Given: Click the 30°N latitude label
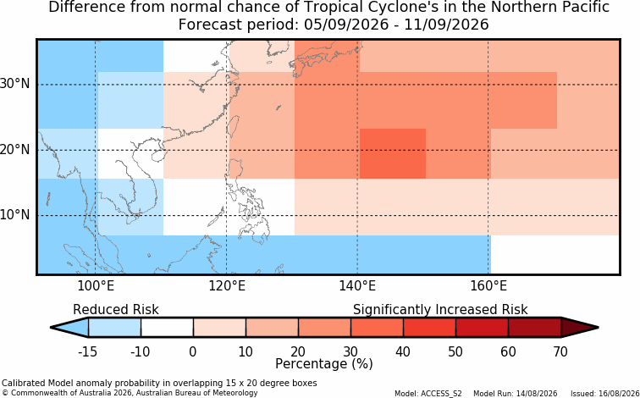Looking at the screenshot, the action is click(x=15, y=84).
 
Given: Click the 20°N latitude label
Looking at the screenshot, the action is click(x=15, y=149).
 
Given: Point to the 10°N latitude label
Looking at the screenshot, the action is click(x=15, y=215).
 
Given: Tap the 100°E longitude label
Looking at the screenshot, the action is click(x=95, y=286).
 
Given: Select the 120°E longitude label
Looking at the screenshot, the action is click(x=227, y=286).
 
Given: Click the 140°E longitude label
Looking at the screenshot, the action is click(x=357, y=286).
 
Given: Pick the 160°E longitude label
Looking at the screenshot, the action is click(x=488, y=286).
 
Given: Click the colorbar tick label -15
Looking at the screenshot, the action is click(x=87, y=351).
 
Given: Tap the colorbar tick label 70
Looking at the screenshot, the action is click(x=560, y=351).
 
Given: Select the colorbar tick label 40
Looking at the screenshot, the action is click(x=403, y=351).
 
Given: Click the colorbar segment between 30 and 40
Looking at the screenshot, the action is click(x=377, y=328).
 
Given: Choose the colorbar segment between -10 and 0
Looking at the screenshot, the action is click(x=167, y=328).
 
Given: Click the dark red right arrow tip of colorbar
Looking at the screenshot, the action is click(x=598, y=328).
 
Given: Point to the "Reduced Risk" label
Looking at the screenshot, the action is click(x=116, y=310).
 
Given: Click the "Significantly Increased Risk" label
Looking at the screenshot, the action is click(x=440, y=310).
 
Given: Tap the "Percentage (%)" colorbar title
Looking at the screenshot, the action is click(x=324, y=364).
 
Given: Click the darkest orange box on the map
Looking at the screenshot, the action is click(x=393, y=153).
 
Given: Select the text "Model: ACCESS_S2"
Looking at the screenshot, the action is click(x=428, y=394).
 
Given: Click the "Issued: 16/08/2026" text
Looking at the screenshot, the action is click(x=605, y=394).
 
